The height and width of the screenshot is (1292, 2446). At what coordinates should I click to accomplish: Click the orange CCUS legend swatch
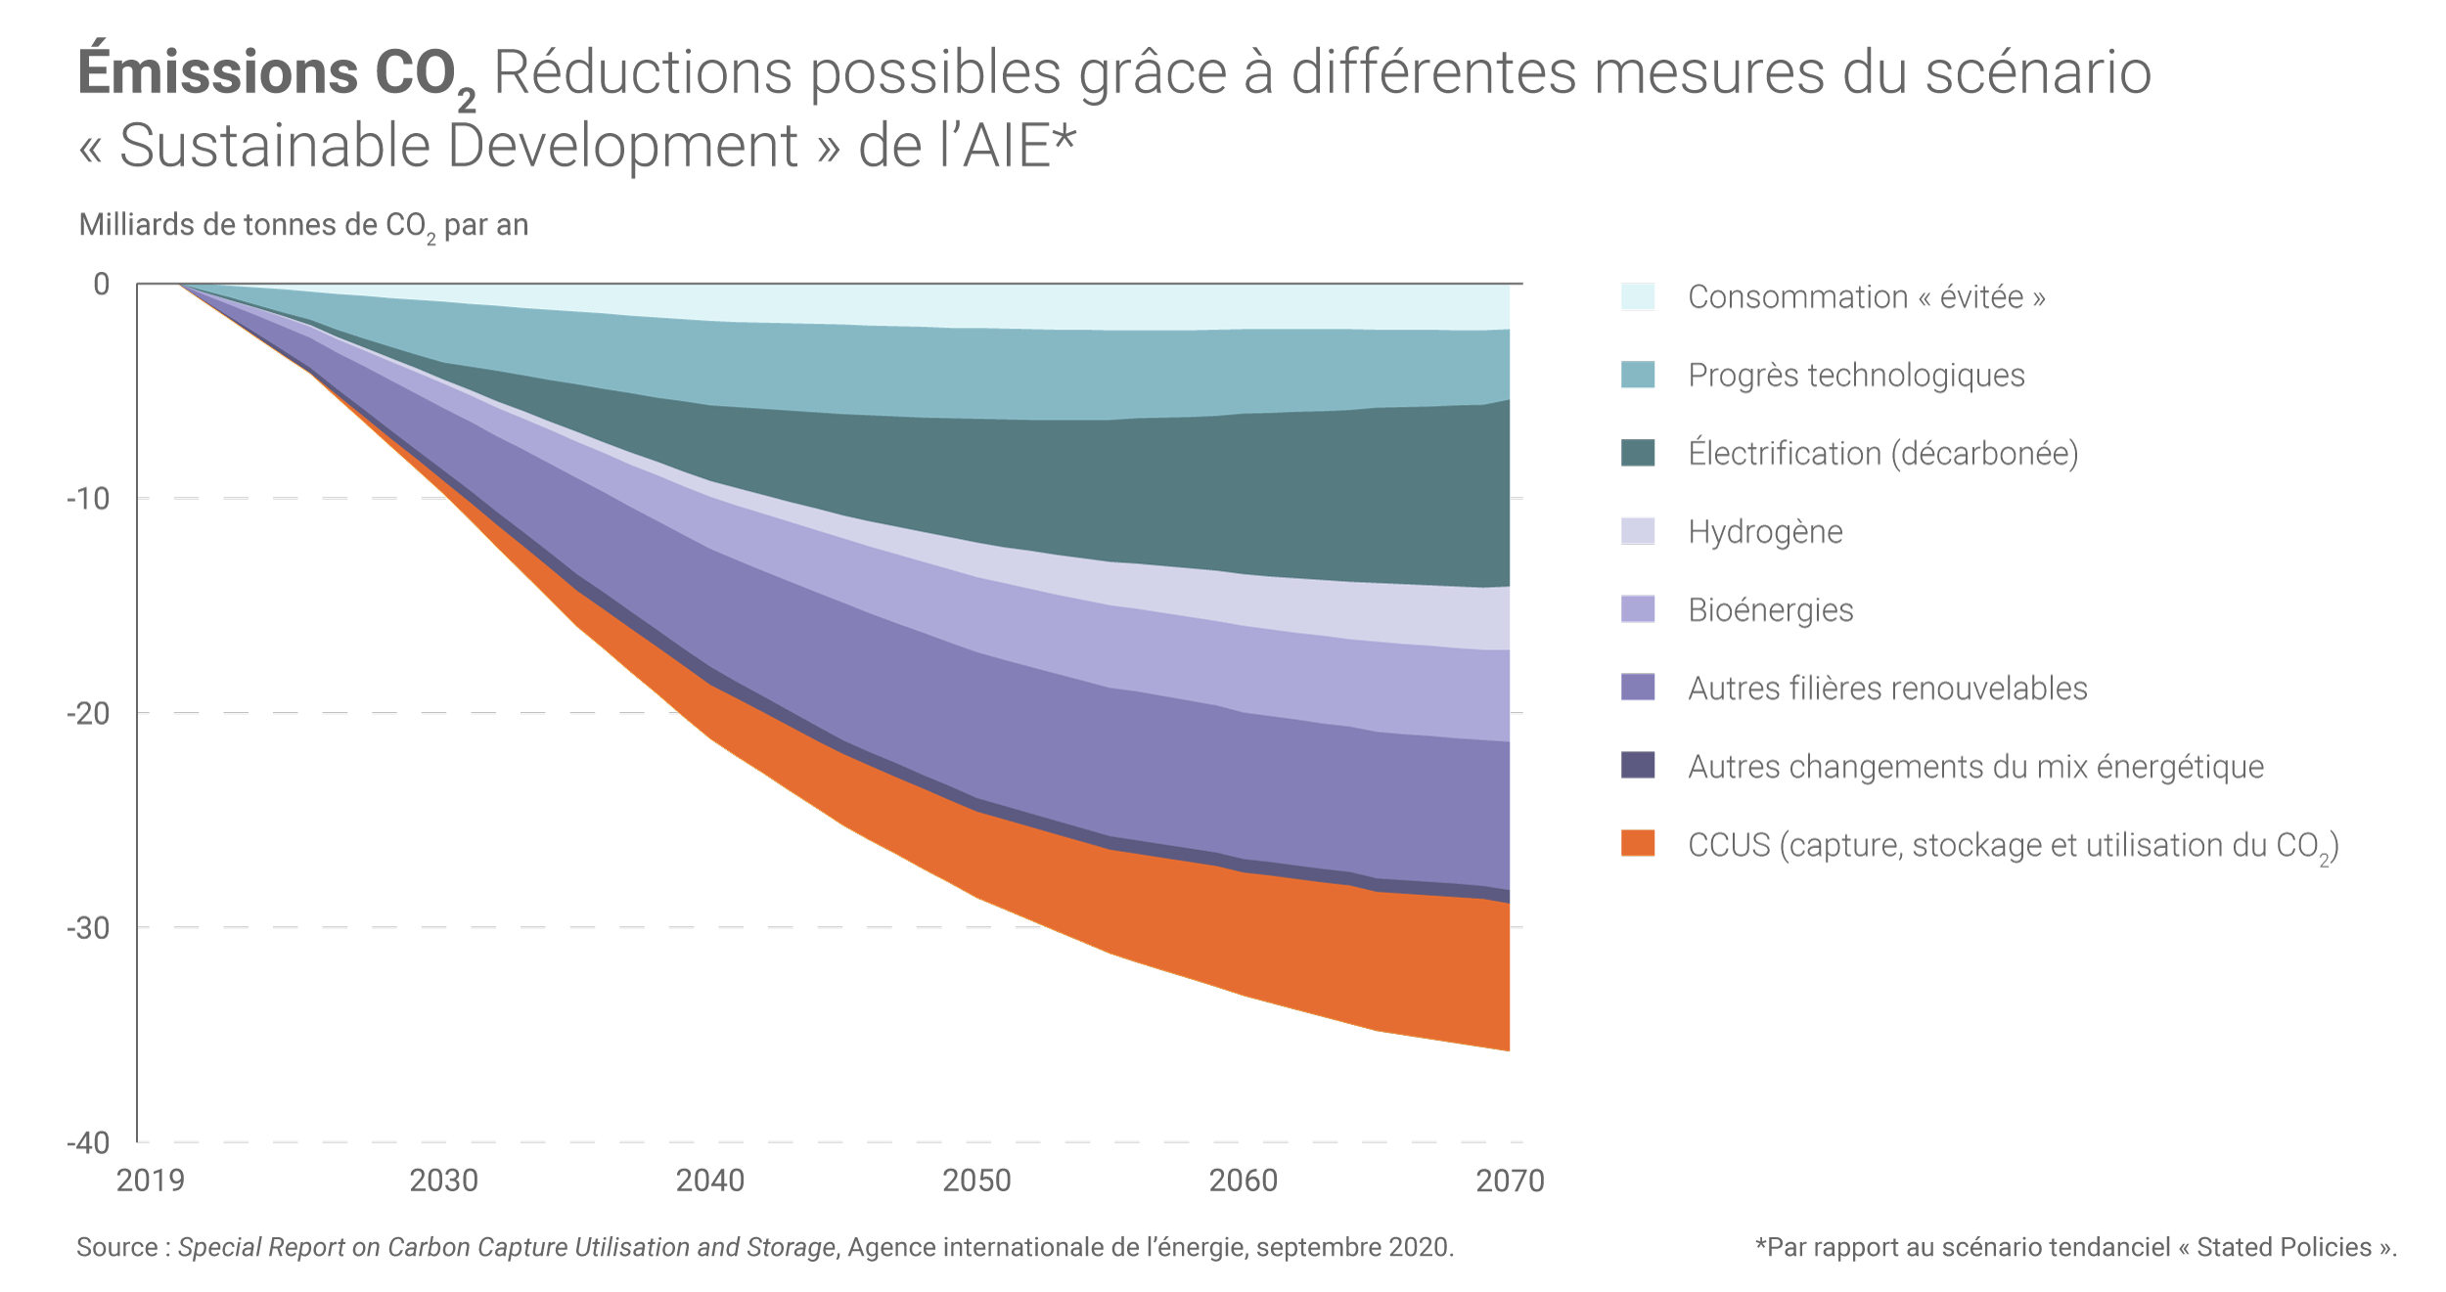[x=1637, y=843]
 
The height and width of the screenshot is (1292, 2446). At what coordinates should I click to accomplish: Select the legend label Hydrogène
[x=1764, y=532]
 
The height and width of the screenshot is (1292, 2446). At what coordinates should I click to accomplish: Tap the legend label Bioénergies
[x=1770, y=610]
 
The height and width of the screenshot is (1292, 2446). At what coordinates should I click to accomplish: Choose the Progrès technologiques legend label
[x=1855, y=376]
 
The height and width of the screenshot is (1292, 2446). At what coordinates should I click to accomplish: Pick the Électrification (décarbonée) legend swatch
[x=1637, y=453]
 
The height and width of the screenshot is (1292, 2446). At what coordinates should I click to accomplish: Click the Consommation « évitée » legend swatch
[x=1637, y=296]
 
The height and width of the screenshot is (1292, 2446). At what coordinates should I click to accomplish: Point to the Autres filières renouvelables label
[x=1886, y=689]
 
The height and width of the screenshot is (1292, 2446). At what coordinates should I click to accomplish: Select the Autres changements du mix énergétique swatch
[x=1637, y=765]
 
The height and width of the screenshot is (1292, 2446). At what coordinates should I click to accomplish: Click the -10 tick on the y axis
[x=88, y=499]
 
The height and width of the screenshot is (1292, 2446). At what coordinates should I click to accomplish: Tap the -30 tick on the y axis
[x=88, y=928]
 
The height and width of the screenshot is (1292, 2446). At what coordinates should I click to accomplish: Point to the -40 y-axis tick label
[x=88, y=1142]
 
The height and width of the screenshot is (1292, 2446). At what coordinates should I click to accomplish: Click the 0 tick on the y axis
[x=101, y=285]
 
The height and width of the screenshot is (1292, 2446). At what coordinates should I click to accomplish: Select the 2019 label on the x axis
[x=150, y=1181]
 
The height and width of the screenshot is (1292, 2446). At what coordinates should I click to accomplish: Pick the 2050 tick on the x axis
[x=976, y=1181]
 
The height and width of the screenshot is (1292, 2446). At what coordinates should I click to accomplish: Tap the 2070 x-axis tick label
[x=1509, y=1181]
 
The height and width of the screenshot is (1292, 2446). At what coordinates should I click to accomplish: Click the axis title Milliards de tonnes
[x=303, y=226]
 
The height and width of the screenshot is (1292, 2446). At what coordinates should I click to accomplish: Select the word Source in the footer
[x=117, y=1248]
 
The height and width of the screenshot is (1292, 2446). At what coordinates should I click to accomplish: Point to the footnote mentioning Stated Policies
[x=2075, y=1248]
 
